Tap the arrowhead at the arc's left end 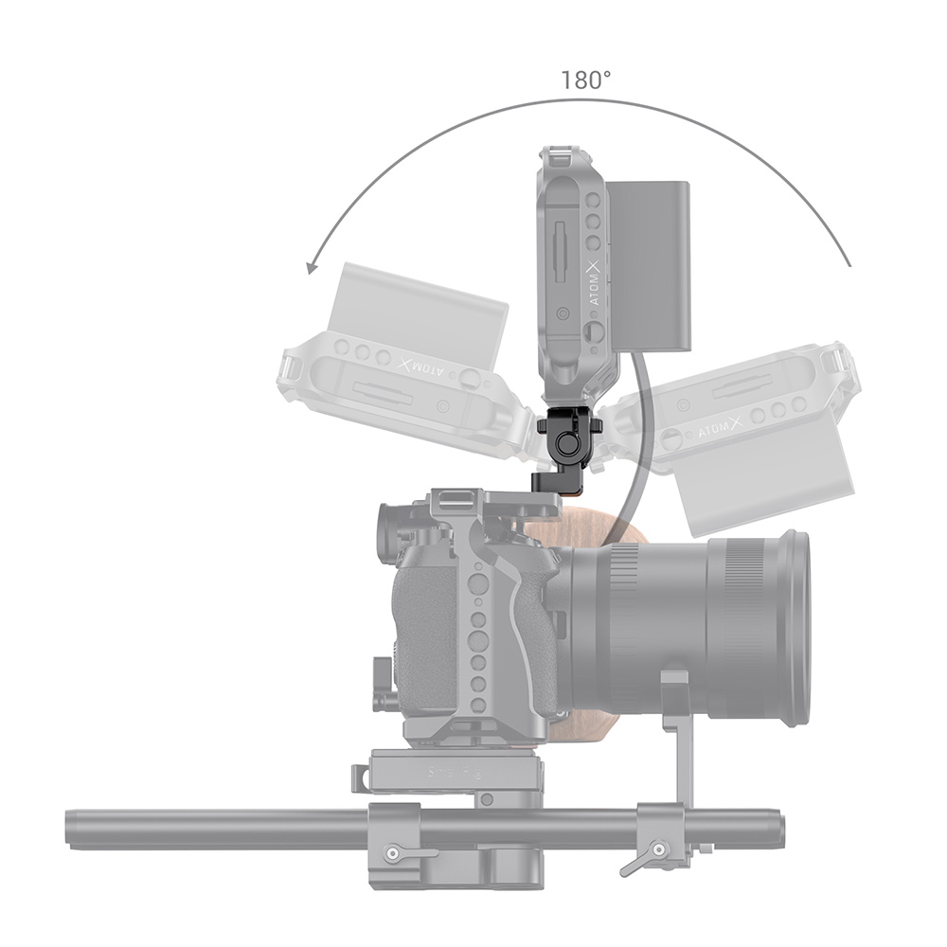(x=310, y=268)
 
